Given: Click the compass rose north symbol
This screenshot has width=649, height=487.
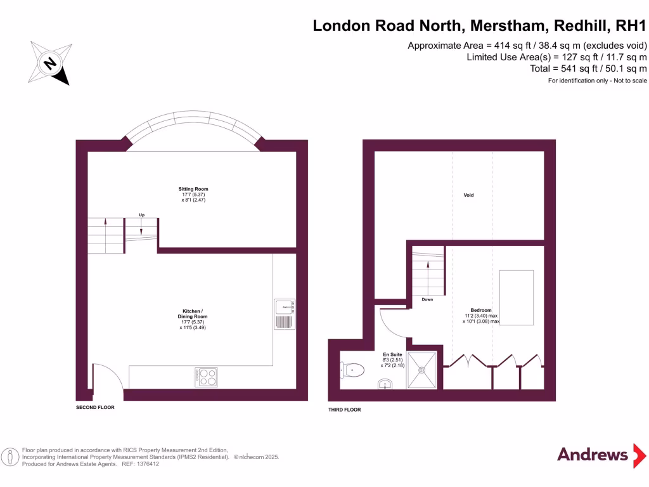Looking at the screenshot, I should (49, 63).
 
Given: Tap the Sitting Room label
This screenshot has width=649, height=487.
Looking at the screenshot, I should (193, 189).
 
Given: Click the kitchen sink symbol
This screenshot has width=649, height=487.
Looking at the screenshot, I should (285, 314).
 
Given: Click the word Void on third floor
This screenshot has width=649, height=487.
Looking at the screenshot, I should (469, 195).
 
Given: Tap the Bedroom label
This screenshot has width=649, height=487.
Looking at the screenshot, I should (481, 310).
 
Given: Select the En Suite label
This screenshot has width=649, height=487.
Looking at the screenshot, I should (392, 354).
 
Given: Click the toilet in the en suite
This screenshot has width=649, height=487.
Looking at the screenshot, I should (352, 368).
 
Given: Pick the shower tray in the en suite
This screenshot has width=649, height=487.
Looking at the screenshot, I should (422, 369).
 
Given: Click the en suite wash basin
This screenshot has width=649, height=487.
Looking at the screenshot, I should (385, 383).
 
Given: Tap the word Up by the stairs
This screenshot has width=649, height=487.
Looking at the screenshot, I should (141, 215).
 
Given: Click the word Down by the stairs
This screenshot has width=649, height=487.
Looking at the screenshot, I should (427, 299).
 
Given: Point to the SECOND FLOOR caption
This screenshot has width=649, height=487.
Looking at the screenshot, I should (95, 407).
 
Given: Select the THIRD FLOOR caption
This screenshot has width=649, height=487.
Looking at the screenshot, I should (344, 410).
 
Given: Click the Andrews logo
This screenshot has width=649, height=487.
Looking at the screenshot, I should (592, 454).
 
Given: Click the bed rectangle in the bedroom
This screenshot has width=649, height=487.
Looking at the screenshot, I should (517, 297).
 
